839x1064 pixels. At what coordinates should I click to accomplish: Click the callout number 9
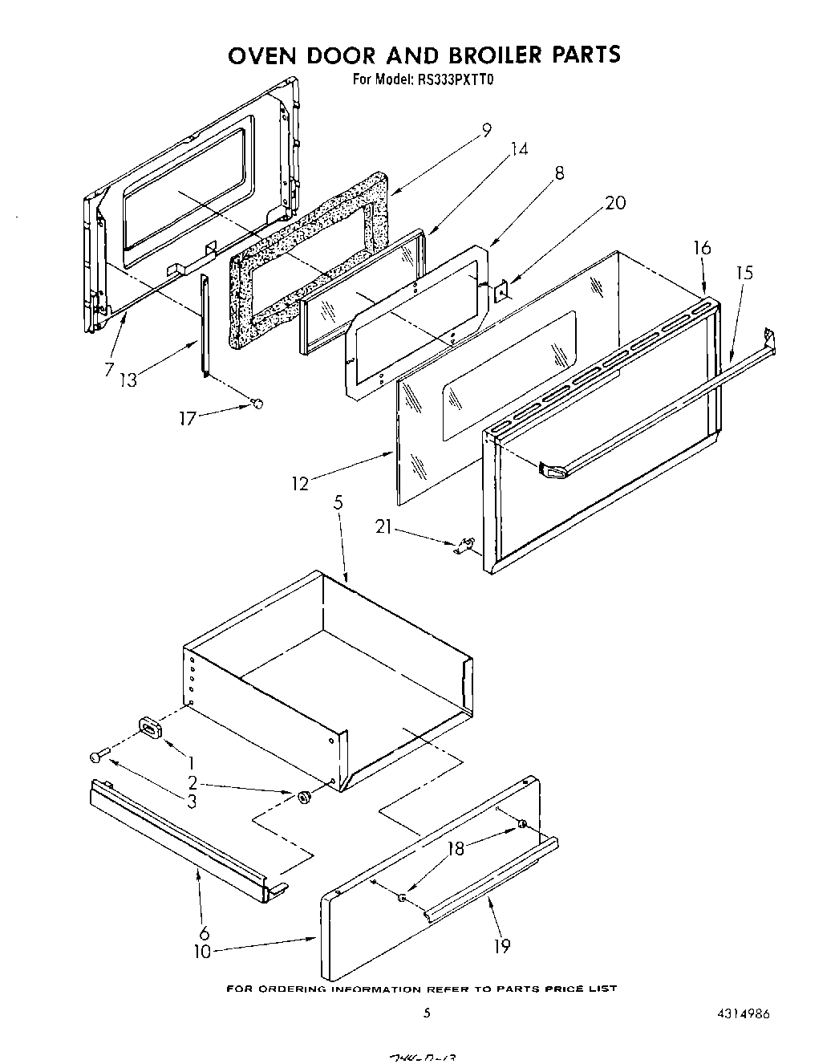pos(486,129)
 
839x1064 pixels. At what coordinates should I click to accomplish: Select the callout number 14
pos(519,149)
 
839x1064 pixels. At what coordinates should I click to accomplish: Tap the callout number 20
pos(614,203)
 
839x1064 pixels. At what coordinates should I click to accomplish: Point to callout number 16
pos(702,248)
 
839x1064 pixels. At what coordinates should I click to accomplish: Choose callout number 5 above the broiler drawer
pos(338,503)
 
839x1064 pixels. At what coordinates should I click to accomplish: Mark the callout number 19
pos(501,946)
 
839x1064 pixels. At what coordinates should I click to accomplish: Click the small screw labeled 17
pos(257,404)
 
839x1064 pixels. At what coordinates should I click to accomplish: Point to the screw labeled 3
pos(97,756)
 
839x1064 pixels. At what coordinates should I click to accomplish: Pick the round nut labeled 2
pos(304,797)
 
